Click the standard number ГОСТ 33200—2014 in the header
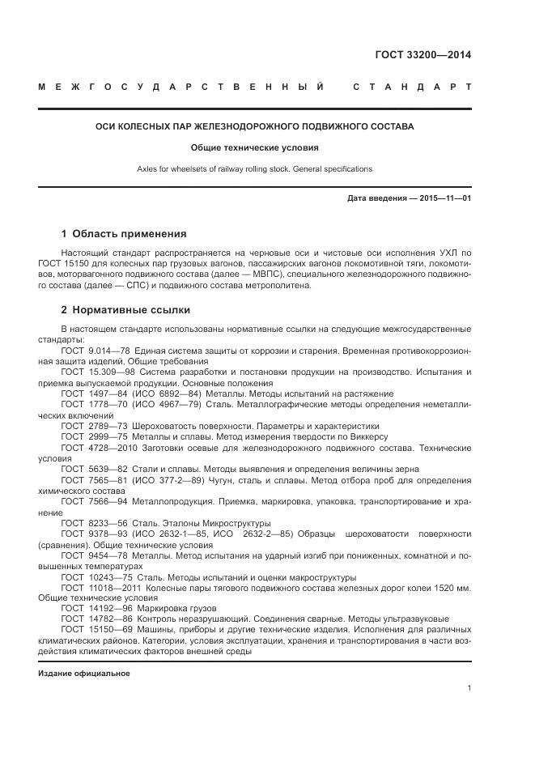click(422, 56)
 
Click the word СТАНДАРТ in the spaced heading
click(412, 87)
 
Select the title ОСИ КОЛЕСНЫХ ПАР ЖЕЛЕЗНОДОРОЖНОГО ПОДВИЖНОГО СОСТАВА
click(254, 127)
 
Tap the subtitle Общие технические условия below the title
click(254, 148)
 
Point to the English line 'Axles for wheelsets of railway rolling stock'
click(254, 169)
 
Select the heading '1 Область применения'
click(124, 234)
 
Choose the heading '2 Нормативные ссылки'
click(125, 309)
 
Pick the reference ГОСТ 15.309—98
click(92, 371)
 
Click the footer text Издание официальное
click(84, 674)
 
